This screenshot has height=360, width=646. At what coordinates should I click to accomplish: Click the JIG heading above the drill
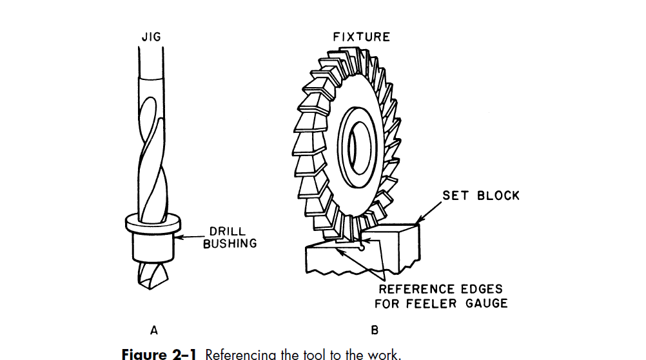[x=151, y=37]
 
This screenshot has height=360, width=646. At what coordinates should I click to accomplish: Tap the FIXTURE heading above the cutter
[x=362, y=37]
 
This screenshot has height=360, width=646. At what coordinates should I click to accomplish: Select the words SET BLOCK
[x=481, y=195]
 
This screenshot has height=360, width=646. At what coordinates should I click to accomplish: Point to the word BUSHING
[x=230, y=243]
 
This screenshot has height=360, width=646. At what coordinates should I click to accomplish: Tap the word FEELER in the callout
[x=435, y=303]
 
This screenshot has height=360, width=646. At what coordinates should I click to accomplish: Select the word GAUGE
[x=484, y=303]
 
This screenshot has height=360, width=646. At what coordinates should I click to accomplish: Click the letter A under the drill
[x=153, y=331]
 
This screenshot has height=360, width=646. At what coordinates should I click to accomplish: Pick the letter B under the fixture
[x=375, y=331]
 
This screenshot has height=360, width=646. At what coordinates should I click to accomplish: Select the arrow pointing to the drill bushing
[x=190, y=237]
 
